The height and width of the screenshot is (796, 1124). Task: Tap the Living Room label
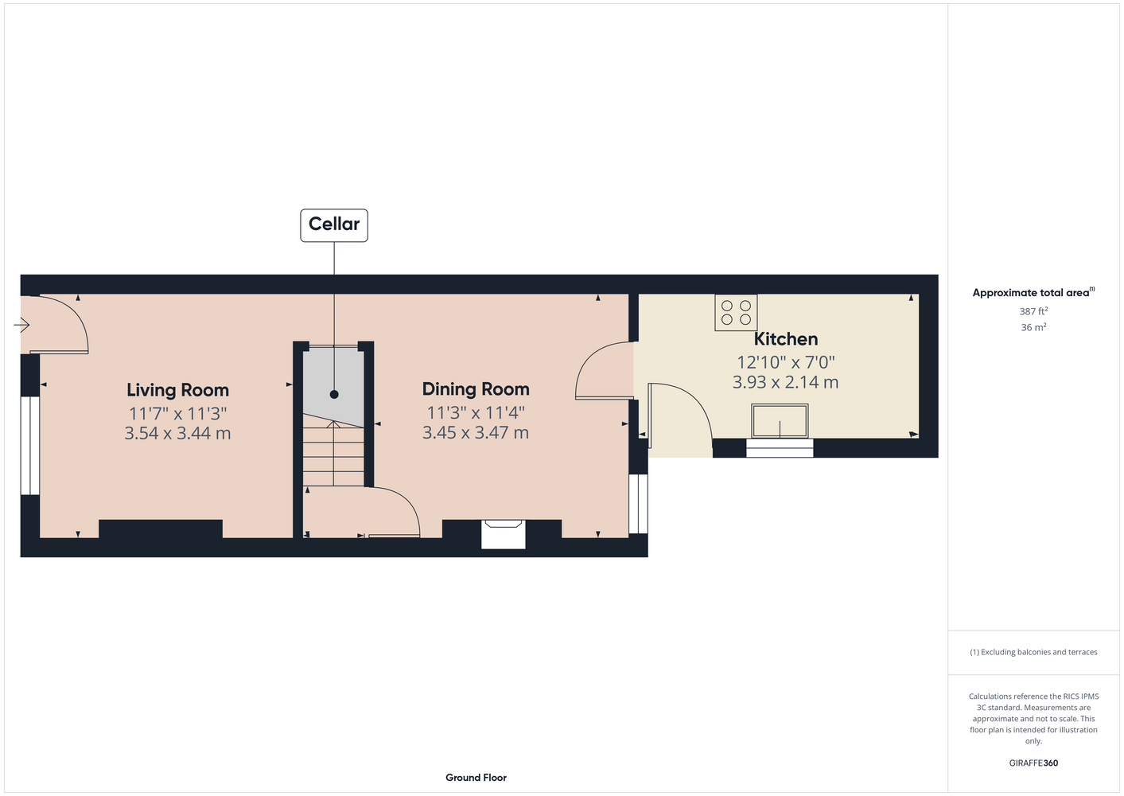177,390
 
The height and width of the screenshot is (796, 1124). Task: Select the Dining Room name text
475,389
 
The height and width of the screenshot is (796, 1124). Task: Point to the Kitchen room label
786,339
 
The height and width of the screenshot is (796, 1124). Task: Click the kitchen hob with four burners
736,312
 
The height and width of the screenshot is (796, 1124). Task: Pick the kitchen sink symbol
780,421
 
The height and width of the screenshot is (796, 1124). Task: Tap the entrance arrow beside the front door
21,325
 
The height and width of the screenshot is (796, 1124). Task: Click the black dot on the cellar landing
334,394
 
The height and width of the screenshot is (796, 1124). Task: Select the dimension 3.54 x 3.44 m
177,433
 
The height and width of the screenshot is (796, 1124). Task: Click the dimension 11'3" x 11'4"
475,413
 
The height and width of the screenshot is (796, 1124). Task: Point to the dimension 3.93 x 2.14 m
785,382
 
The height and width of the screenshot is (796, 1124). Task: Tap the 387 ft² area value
1033,311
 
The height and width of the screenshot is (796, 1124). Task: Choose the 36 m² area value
1033,327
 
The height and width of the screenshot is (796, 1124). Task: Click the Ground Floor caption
476,778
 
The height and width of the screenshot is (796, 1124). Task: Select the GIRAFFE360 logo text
1033,763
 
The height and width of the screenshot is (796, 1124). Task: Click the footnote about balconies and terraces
1033,652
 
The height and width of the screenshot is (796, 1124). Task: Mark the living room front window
30,446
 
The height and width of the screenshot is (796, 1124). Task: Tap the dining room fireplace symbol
504,534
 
